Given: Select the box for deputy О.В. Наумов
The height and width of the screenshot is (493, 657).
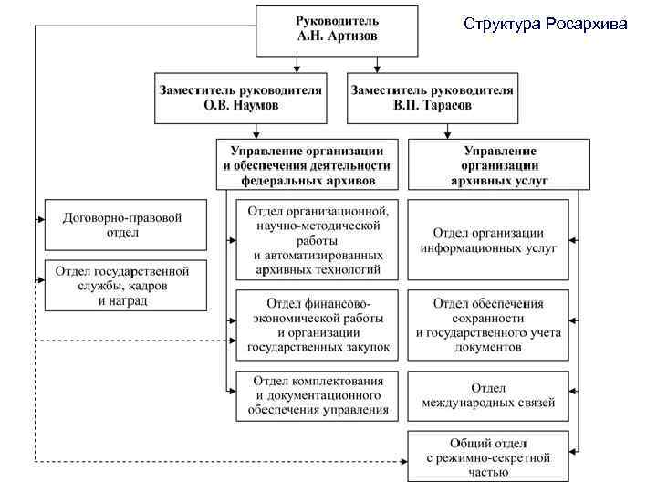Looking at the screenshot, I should (242, 98).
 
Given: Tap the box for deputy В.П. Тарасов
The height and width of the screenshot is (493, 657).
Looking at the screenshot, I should (432, 98).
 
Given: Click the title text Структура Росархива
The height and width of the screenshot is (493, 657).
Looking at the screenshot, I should (545, 24).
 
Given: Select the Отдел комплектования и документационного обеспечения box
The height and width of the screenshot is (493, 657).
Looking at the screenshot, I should (318, 394).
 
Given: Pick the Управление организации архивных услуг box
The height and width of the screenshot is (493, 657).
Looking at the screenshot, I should (499, 165).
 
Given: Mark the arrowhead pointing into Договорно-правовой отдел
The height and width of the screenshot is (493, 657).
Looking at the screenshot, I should (40, 219).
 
